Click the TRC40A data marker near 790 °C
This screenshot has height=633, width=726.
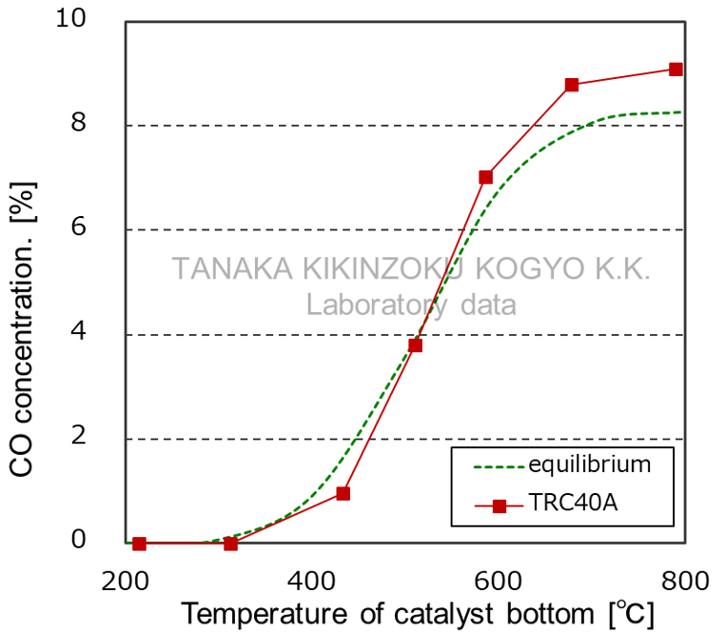(x=676, y=69)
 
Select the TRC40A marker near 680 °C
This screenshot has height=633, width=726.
(x=572, y=85)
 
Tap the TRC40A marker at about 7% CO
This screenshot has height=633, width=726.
(x=485, y=177)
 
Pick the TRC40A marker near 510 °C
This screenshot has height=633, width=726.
(x=416, y=346)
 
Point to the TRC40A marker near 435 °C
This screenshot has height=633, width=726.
(x=343, y=493)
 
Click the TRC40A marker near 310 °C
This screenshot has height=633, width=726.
(x=230, y=544)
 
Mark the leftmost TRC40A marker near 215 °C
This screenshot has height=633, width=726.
(x=140, y=544)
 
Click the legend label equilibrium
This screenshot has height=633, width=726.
(x=590, y=465)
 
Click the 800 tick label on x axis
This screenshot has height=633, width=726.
(x=683, y=580)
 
